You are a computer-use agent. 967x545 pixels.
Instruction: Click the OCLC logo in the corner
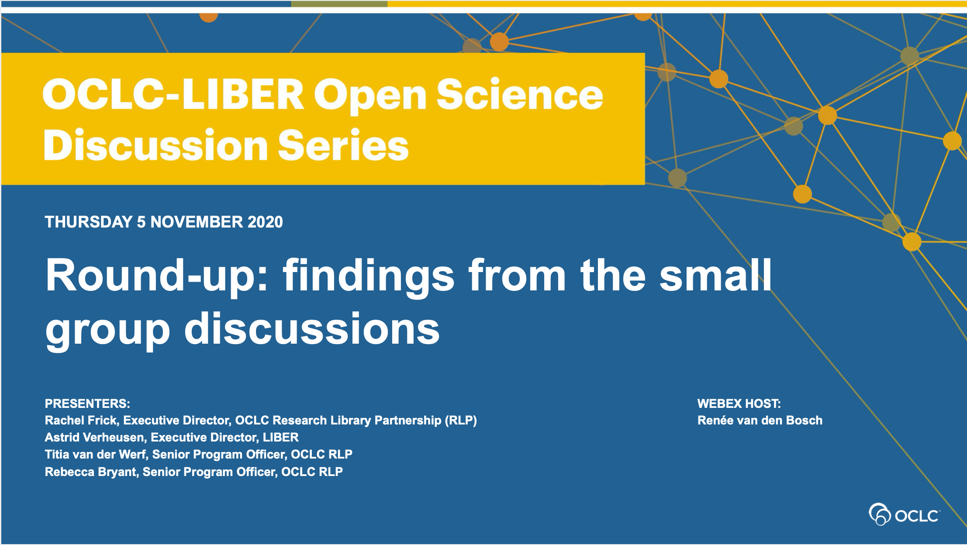tap(904, 514)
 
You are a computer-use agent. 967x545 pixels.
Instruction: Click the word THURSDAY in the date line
tap(89, 222)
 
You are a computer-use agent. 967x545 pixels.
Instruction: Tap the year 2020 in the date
tap(265, 222)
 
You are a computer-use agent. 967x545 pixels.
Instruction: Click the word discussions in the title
tap(312, 328)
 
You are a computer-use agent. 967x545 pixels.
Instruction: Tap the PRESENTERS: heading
tap(87, 404)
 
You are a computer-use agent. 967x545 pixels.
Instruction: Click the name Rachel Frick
tap(81, 420)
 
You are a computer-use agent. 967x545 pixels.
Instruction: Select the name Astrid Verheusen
tap(95, 437)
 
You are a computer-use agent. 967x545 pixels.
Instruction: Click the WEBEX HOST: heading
tap(739, 404)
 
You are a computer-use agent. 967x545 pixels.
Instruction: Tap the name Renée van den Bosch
tap(760, 420)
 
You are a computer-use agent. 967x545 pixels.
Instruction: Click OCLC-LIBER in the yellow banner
tap(173, 94)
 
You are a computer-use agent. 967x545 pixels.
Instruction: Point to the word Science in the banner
tap(520, 94)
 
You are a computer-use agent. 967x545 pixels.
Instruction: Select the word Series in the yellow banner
tap(343, 145)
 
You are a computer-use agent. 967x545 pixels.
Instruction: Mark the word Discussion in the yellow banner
tap(156, 145)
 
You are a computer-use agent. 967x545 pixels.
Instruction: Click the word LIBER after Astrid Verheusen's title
tap(281, 437)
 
